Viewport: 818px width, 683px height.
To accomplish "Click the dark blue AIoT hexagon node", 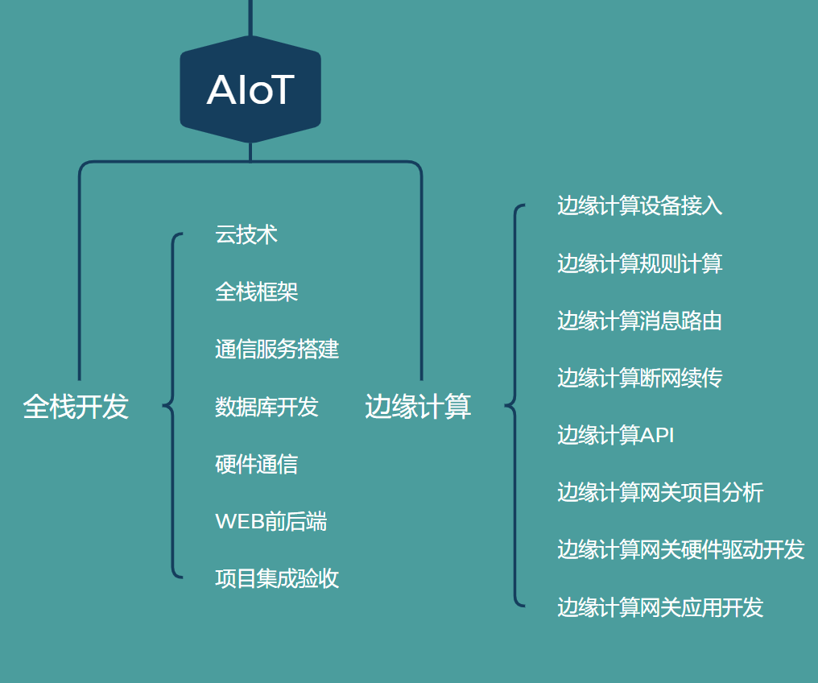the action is tap(250, 89).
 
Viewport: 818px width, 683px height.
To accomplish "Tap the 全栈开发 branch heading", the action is tap(76, 407).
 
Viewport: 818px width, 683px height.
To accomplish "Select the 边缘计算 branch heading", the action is tap(418, 407).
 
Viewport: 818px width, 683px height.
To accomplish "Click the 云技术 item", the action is tap(246, 234).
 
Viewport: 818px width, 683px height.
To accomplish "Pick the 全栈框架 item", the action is tap(257, 292).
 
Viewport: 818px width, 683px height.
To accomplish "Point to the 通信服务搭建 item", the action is tap(277, 349).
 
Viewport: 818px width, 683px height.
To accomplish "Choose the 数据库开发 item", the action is tap(266, 407).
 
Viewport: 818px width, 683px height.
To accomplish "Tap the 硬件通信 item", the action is tap(257, 464).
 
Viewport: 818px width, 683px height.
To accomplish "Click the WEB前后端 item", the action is tap(271, 521).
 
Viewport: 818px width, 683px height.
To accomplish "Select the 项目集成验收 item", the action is tap(277, 578).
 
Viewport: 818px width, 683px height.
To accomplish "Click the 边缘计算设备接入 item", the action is tap(639, 205).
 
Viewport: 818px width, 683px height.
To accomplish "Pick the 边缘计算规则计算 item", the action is tap(639, 263).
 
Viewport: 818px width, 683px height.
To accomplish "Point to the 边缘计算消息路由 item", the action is tap(639, 321).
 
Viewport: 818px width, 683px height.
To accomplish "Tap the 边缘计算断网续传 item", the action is tap(639, 378).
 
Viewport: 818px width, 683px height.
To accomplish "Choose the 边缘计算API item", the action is tap(616, 435).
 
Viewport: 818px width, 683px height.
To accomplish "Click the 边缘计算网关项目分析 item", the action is tap(660, 493).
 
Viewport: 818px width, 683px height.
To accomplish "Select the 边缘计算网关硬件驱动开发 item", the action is tap(681, 550).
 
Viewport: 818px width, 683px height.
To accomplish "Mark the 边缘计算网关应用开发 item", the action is tap(660, 607).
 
